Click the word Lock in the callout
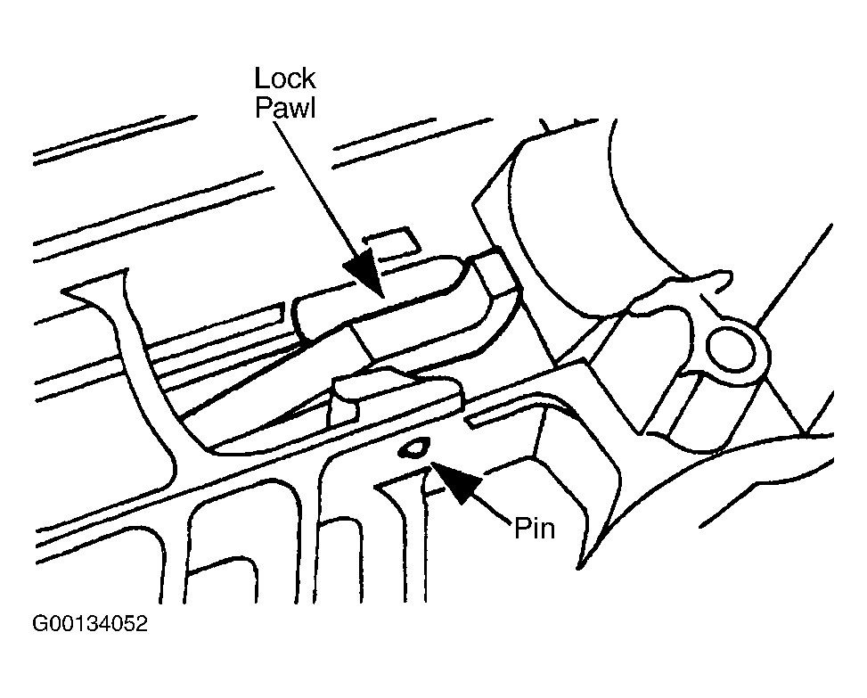coord(285,78)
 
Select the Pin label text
coord(535,529)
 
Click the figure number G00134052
coord(90,623)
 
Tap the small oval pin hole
coord(413,448)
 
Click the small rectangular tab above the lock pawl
coord(390,243)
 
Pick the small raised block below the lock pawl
coord(396,396)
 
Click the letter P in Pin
coord(522,529)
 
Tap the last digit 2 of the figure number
coord(141,623)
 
